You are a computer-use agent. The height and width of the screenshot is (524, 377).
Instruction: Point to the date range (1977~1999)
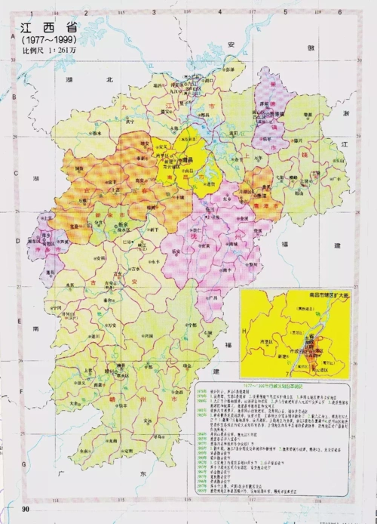(43, 39)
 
